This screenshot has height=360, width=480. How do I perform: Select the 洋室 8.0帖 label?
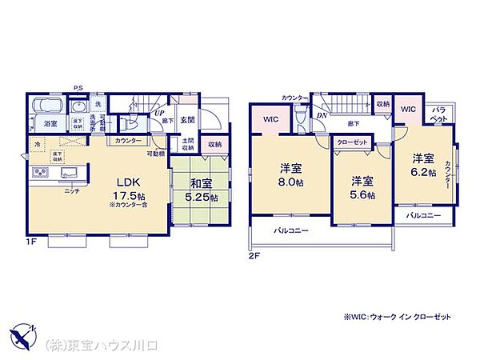tap(290, 174)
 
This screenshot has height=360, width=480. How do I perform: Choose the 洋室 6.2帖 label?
tap(423, 165)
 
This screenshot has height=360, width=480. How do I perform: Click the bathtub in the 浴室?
tap(49, 106)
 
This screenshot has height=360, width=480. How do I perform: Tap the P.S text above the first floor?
tap(78, 87)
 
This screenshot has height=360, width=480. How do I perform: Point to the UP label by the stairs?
tap(160, 113)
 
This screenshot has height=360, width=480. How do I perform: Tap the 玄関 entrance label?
tap(186, 120)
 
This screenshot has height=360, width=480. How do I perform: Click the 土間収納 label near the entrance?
tap(187, 145)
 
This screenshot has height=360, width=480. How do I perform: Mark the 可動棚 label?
tap(156, 153)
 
